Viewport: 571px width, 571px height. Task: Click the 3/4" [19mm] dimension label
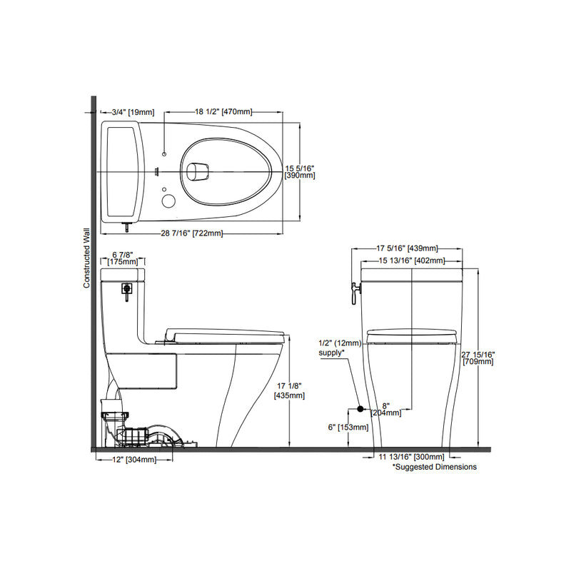click(133, 112)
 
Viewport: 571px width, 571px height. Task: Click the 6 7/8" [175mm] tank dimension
click(124, 258)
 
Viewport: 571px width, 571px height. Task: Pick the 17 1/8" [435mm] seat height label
click(290, 390)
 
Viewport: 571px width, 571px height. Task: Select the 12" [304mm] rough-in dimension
click(136, 460)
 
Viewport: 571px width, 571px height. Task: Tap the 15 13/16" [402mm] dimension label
click(410, 261)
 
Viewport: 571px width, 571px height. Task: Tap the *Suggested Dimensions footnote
click(435, 467)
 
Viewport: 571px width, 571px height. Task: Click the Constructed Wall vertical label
click(86, 258)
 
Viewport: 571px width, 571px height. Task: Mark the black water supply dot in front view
click(360, 409)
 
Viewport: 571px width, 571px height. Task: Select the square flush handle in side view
click(127, 289)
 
